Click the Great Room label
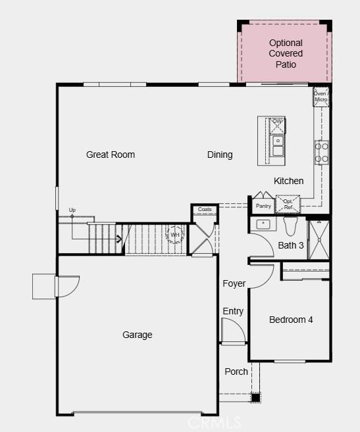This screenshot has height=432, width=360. (x=111, y=155)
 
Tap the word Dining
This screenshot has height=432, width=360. (x=220, y=155)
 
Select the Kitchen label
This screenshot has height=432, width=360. (x=288, y=181)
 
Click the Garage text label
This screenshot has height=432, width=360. (x=138, y=335)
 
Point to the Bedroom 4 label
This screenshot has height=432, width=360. (x=291, y=320)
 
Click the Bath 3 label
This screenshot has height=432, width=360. (x=291, y=245)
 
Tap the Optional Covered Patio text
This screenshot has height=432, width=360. (x=286, y=54)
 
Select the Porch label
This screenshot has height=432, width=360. (x=236, y=372)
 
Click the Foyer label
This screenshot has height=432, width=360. (x=234, y=283)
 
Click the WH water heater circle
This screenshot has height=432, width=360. (x=174, y=235)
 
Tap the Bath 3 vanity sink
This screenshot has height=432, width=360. (x=263, y=224)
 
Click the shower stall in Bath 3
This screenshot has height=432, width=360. (x=319, y=240)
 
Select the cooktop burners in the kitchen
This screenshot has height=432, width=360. (x=322, y=153)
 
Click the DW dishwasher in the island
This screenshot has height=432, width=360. (x=277, y=126)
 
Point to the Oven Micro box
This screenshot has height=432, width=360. (x=321, y=97)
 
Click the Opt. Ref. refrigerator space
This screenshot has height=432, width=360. (x=288, y=204)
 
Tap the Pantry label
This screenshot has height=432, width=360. (x=263, y=206)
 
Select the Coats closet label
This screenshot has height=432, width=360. (x=205, y=209)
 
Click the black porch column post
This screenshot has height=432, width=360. (x=255, y=398)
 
